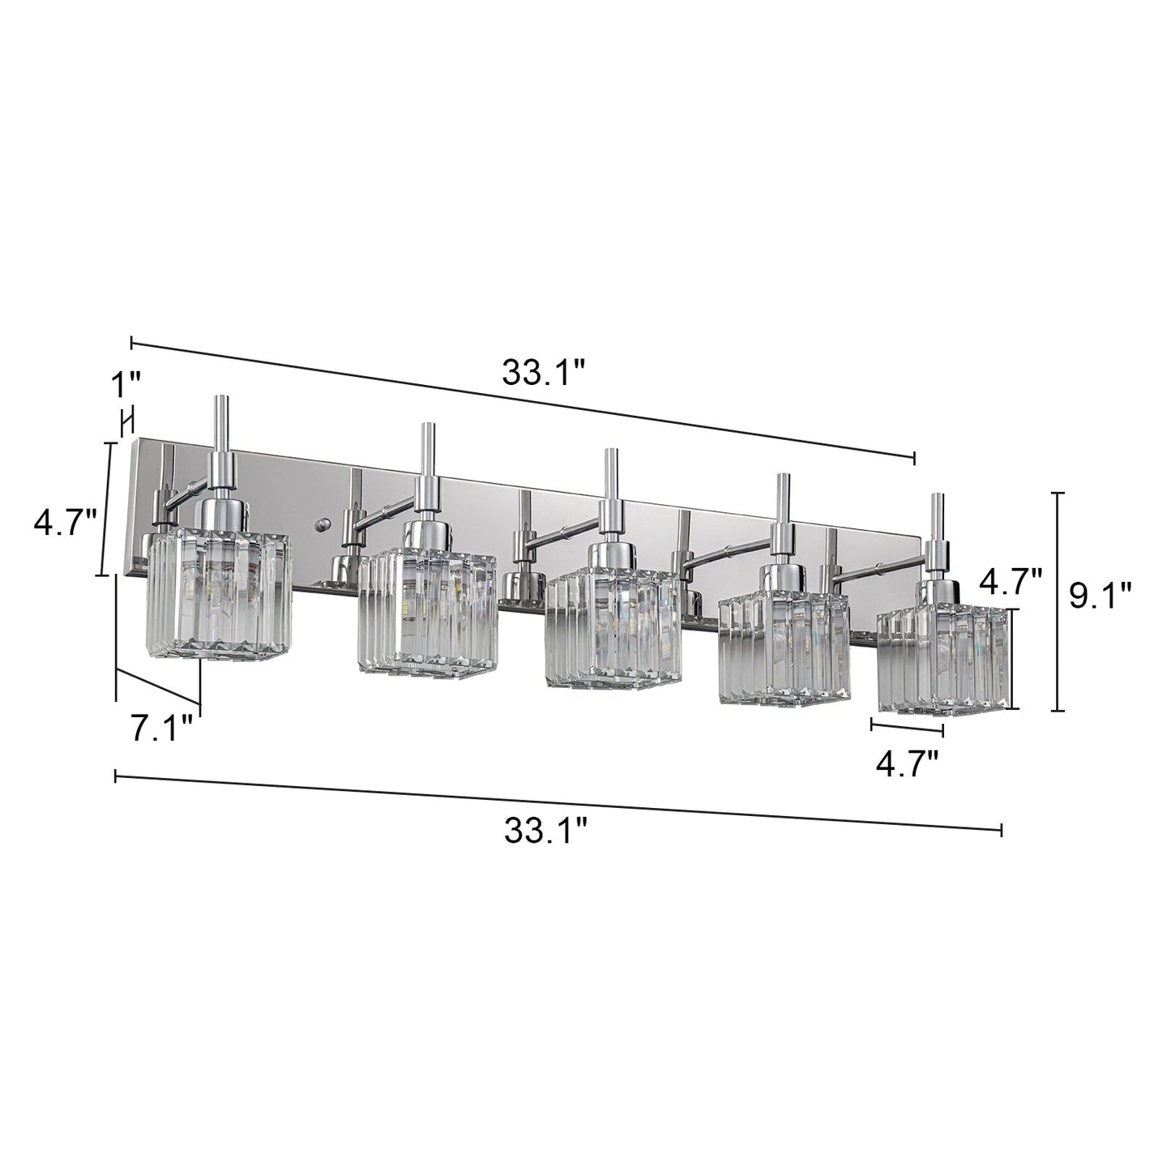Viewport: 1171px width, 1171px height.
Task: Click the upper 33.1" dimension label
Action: pos(543,373)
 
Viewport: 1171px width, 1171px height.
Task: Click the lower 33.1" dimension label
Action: pos(545,831)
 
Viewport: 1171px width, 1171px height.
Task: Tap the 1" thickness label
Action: pos(126,385)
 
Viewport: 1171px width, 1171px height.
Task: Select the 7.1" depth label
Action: pos(161,728)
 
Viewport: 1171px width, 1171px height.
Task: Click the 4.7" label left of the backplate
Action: pos(65,523)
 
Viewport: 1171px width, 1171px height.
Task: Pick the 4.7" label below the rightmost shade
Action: pos(907,763)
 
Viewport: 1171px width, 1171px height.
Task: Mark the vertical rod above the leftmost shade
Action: pos(220,425)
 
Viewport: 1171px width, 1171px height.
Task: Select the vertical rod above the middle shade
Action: pos(610,474)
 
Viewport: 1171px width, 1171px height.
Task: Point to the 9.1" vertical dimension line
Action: pos(1057,601)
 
